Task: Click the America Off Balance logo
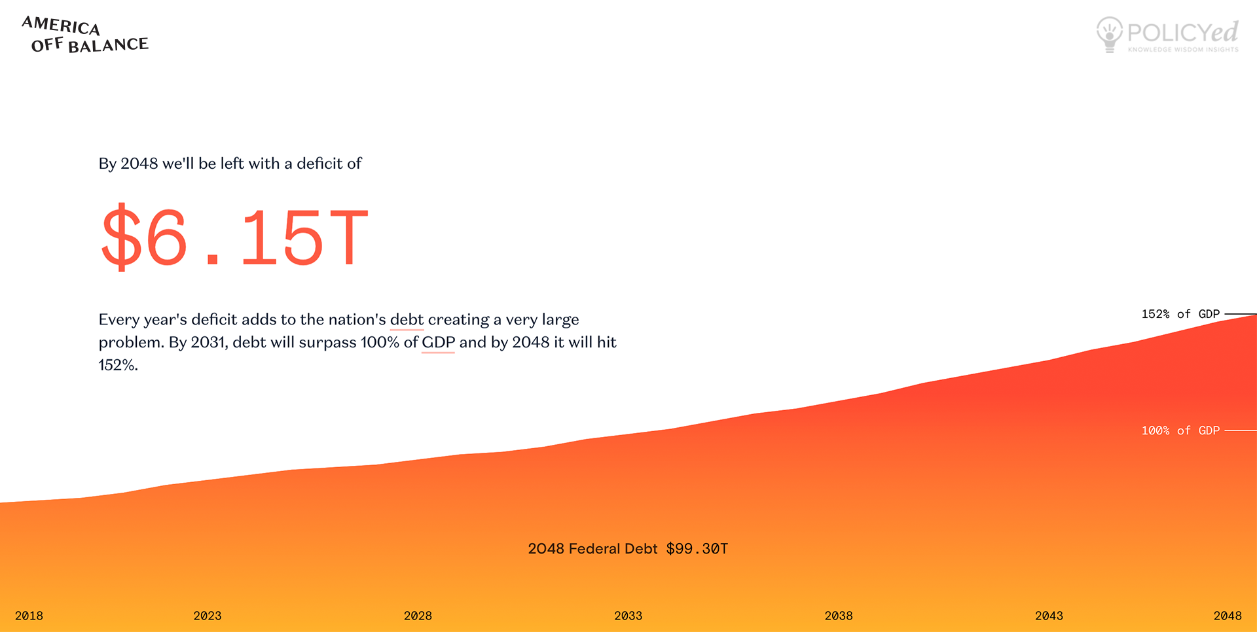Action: (85, 35)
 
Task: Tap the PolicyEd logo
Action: (1167, 35)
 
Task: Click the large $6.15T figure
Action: (235, 236)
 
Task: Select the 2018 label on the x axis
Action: (29, 616)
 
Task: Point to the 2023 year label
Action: (208, 616)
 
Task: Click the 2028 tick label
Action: (418, 616)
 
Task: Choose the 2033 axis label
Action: (628, 616)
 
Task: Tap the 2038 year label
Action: (839, 616)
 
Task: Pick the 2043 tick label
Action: (1049, 616)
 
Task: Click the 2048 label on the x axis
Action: (1228, 616)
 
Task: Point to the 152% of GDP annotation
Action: (1180, 314)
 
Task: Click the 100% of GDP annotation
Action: (1180, 430)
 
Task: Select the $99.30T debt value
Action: (697, 549)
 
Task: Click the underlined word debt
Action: (407, 319)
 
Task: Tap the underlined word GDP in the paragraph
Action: (438, 342)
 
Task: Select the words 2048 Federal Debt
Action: (592, 549)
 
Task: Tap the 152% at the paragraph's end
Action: (118, 365)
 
